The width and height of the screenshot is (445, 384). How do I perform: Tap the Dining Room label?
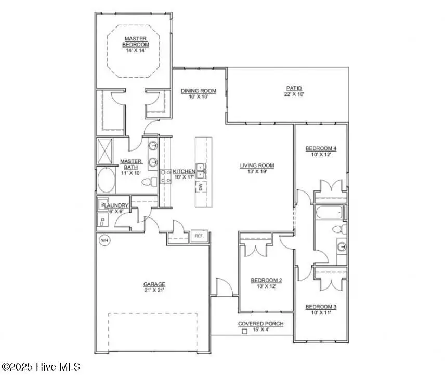point(198,94)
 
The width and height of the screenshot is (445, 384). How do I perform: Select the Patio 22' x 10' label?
point(293,91)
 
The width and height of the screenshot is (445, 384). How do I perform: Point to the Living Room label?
point(257,169)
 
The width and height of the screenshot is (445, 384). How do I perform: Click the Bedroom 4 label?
point(320,152)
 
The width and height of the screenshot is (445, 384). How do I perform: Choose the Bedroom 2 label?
point(266,283)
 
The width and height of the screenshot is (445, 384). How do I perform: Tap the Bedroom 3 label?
point(320,309)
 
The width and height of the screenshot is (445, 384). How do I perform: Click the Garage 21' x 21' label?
point(154,287)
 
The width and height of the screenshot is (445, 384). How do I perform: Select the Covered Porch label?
point(260,326)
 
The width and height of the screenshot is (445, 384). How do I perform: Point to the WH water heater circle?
point(104,240)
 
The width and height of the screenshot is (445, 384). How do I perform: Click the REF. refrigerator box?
point(199,236)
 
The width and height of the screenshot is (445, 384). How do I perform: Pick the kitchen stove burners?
point(166,176)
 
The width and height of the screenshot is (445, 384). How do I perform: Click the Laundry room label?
point(115,206)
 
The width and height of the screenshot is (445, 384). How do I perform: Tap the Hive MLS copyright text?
point(41,367)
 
